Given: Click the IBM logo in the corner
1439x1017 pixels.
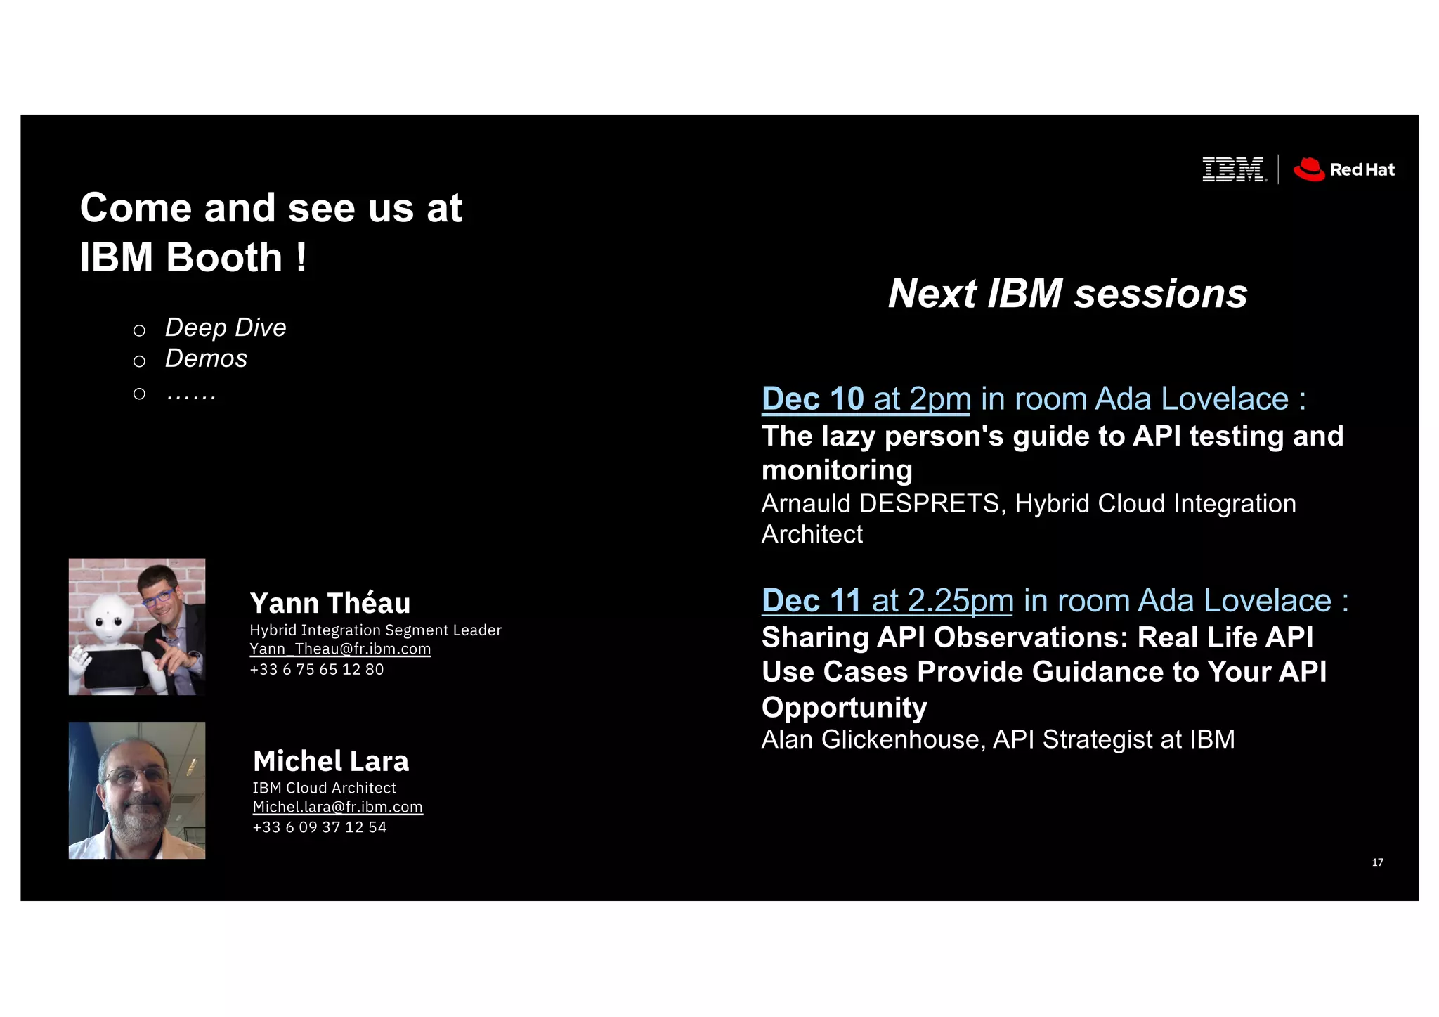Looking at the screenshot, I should coord(1234,169).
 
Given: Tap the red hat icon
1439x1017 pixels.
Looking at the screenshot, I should coord(1309,169).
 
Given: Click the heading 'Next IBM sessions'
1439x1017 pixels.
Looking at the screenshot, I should coord(1067,293).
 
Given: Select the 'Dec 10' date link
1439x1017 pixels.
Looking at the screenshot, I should coord(812,399).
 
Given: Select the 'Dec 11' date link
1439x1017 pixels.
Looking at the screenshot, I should coord(811,601).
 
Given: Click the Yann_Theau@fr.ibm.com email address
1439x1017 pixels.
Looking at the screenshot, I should coord(340,649).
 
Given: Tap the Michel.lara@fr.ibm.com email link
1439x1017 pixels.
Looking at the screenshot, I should coord(337,807).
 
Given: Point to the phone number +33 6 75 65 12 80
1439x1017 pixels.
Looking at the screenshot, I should coord(317,669).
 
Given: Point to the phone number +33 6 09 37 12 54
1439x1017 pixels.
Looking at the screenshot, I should coord(320,827).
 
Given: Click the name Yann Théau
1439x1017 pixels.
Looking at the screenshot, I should coord(330,603).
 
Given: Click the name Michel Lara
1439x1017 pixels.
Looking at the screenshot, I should coord(331,761).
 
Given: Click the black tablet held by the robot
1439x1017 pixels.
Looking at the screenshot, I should coord(115,668).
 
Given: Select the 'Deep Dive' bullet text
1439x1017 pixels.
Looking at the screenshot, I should coord(226,328).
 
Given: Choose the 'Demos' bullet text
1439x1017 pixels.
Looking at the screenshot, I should coord(206,358).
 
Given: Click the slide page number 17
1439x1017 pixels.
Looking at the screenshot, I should coord(1377,862).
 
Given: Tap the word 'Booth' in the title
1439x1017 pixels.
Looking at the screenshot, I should coord(224,257).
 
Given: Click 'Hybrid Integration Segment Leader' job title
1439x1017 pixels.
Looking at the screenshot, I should coord(376,630).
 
